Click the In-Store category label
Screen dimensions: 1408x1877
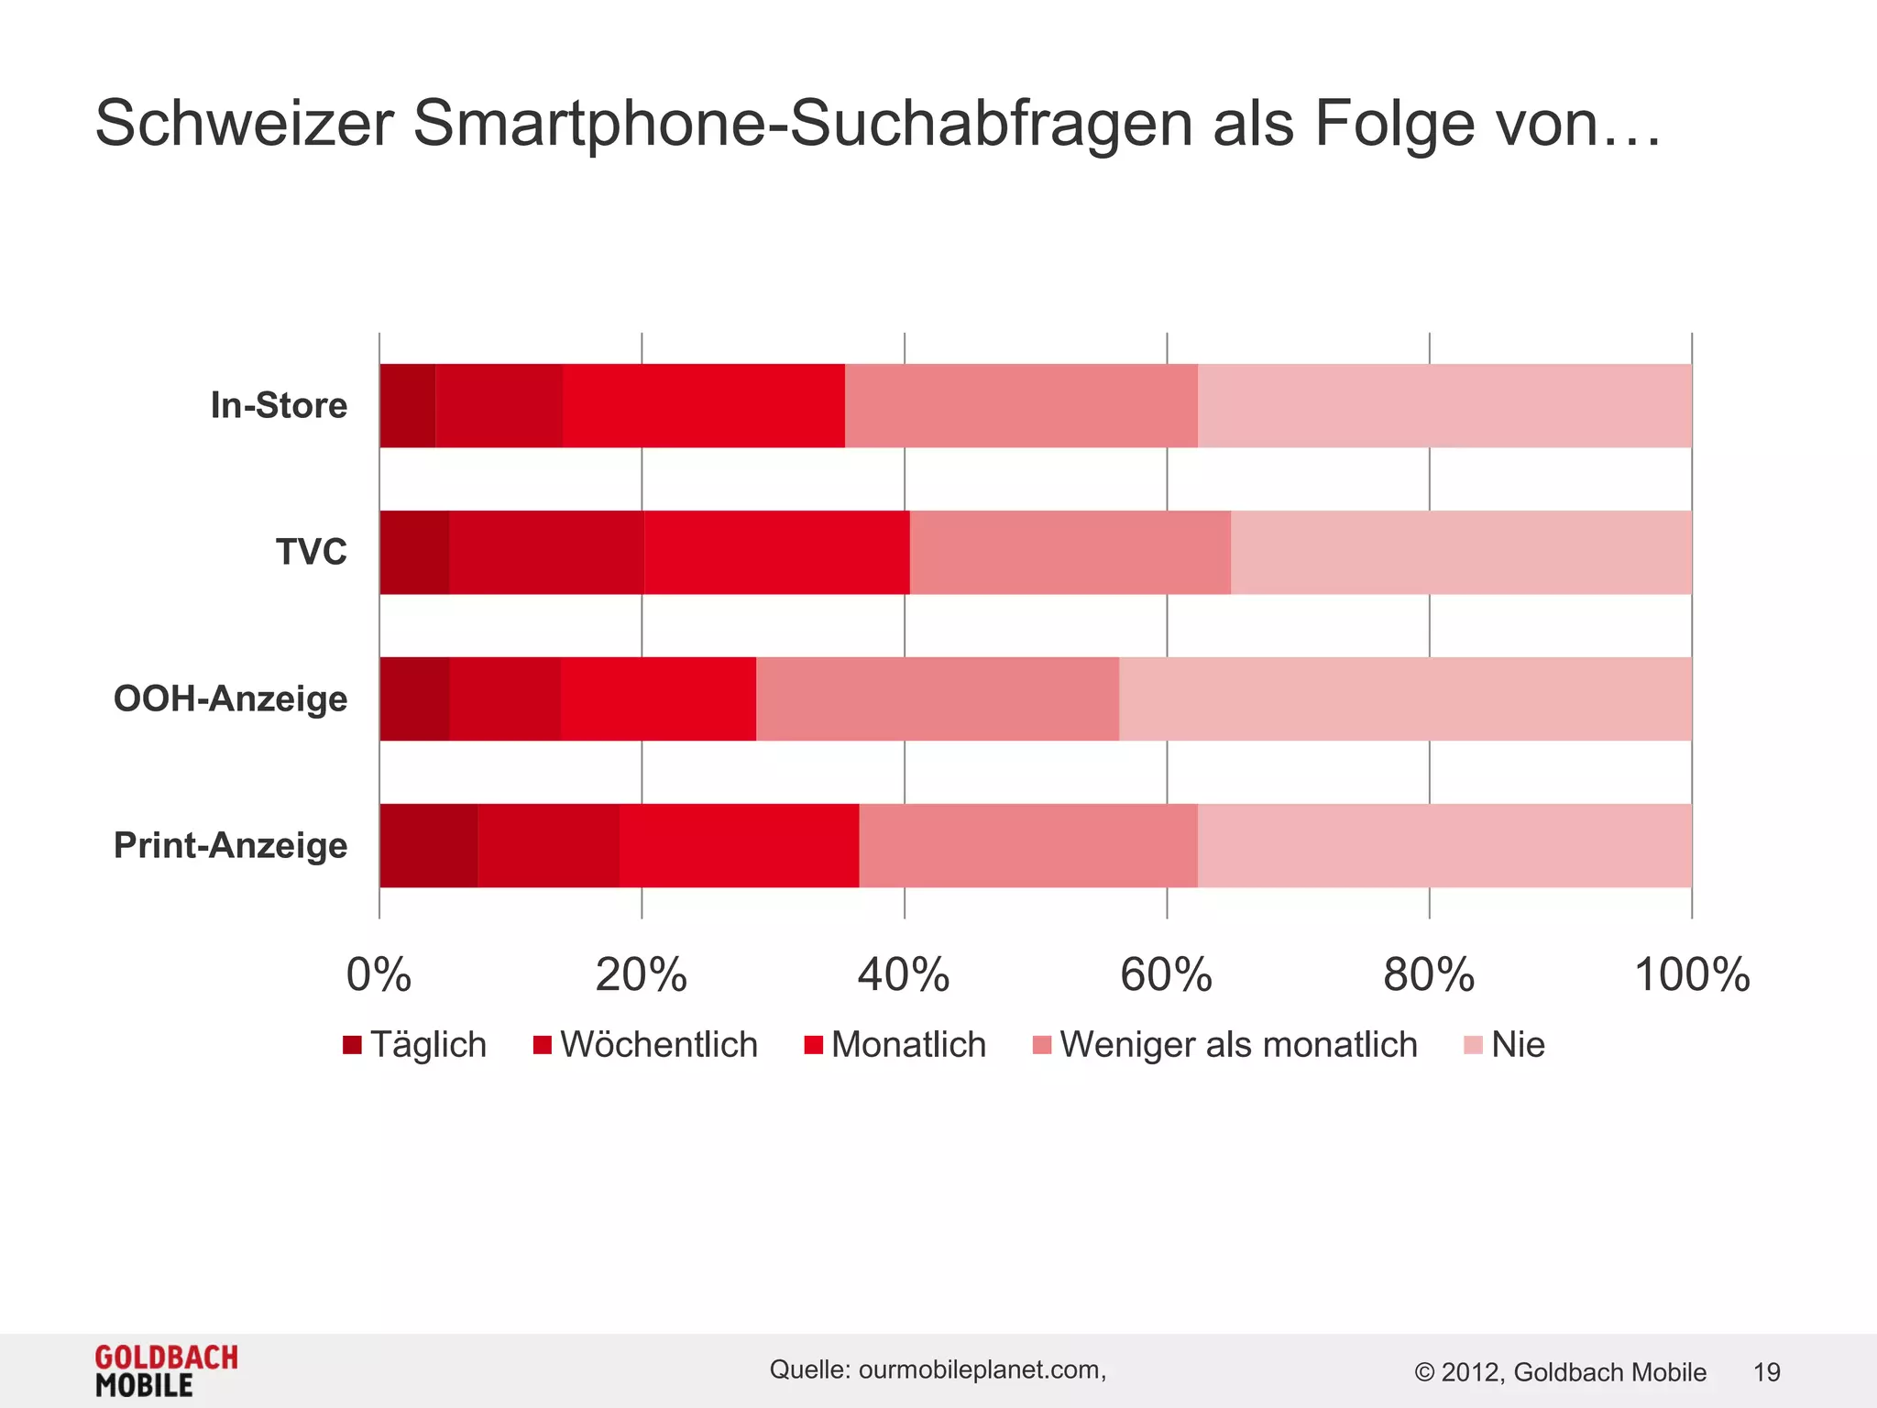click(279, 405)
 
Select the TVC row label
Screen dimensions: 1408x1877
click(312, 552)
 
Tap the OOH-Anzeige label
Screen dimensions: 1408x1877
click(230, 698)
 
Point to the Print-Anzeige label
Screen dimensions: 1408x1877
click(230, 845)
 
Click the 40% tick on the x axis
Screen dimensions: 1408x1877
click(904, 974)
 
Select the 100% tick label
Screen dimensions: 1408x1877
click(1692, 974)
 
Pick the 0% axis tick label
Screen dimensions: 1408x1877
click(379, 974)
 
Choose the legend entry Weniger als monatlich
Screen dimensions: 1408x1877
click(1225, 1045)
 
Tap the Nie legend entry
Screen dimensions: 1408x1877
click(1505, 1045)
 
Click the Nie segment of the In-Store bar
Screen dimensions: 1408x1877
click(1444, 406)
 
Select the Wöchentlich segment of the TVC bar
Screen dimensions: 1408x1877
click(546, 553)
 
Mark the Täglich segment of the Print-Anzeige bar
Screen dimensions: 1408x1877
click(428, 846)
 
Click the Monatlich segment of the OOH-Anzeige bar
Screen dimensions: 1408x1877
click(658, 699)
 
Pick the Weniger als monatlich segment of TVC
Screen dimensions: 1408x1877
click(1070, 553)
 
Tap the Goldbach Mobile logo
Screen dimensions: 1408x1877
click(166, 1370)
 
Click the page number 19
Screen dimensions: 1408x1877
click(1766, 1372)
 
